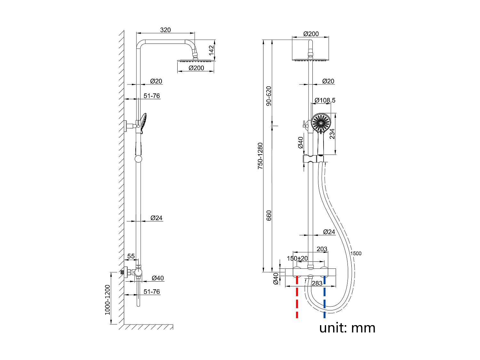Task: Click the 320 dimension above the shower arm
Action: pyautogui.click(x=165, y=30)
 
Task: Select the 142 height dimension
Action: pyautogui.click(x=211, y=50)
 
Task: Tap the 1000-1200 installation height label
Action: pyautogui.click(x=108, y=300)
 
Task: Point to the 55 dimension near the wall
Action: pyautogui.click(x=131, y=256)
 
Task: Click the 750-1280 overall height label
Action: pyautogui.click(x=260, y=156)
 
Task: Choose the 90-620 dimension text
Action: pyautogui.click(x=269, y=96)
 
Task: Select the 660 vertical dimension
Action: pyautogui.click(x=269, y=215)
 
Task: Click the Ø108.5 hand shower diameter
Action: pyautogui.click(x=325, y=100)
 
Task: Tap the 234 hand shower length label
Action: pyautogui.click(x=332, y=134)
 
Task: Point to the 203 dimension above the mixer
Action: pyautogui.click(x=322, y=249)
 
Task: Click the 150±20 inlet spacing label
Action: pyautogui.click(x=297, y=258)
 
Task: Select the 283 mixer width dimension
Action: pyautogui.click(x=317, y=283)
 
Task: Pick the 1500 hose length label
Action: pyautogui.click(x=356, y=253)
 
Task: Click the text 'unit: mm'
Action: pyautogui.click(x=347, y=328)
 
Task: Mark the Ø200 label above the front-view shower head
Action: pyautogui.click(x=311, y=34)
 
